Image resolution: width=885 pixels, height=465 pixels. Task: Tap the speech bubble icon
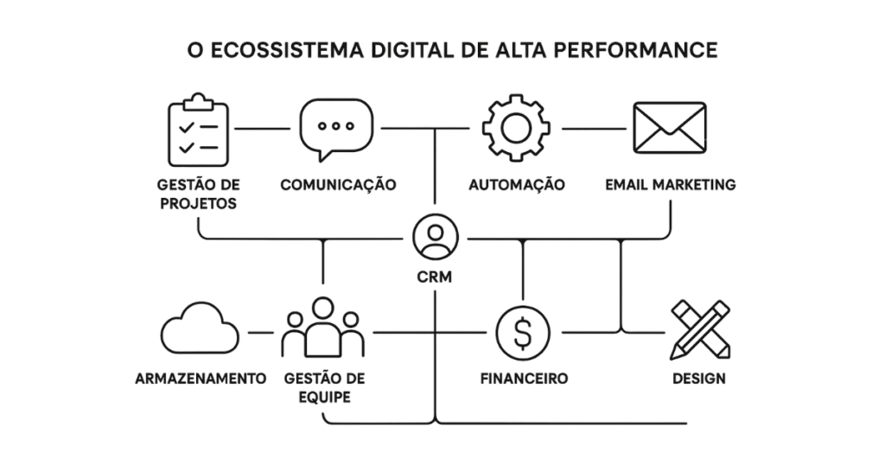[336, 129]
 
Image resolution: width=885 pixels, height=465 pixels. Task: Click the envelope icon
[670, 128]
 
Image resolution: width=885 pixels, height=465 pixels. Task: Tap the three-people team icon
[322, 328]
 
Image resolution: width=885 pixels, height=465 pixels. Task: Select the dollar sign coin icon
[522, 334]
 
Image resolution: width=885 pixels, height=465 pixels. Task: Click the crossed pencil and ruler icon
[699, 329]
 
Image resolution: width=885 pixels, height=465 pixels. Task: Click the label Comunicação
[338, 185]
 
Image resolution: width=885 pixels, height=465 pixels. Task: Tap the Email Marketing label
[670, 185]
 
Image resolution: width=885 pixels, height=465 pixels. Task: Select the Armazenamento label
[200, 379]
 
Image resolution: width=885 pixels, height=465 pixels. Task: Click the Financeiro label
[524, 379]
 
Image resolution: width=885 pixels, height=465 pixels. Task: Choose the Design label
[699, 379]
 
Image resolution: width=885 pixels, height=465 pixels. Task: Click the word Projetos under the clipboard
[199, 204]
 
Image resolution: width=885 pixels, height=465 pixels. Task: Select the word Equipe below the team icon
[323, 398]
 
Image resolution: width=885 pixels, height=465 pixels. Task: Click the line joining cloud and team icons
[260, 333]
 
